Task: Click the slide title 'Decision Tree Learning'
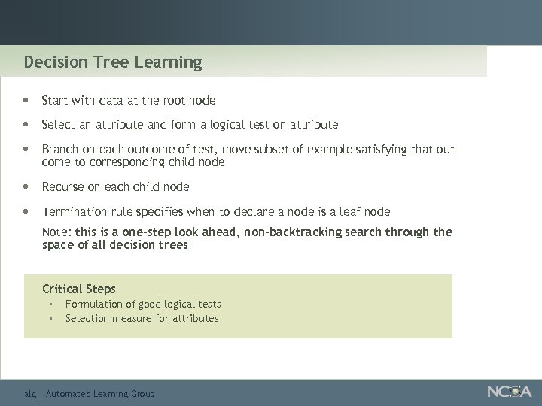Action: tap(113, 62)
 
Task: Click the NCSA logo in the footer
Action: tap(509, 392)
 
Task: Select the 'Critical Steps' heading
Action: tap(79, 289)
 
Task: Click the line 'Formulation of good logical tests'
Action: tap(143, 304)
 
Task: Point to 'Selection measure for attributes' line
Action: tap(142, 318)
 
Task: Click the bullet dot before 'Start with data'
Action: tap(26, 100)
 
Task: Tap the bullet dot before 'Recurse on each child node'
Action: tap(26, 186)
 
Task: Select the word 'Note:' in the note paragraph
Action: tap(57, 232)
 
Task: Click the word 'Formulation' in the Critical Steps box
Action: tap(94, 304)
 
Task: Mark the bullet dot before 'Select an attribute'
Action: tap(26, 124)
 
